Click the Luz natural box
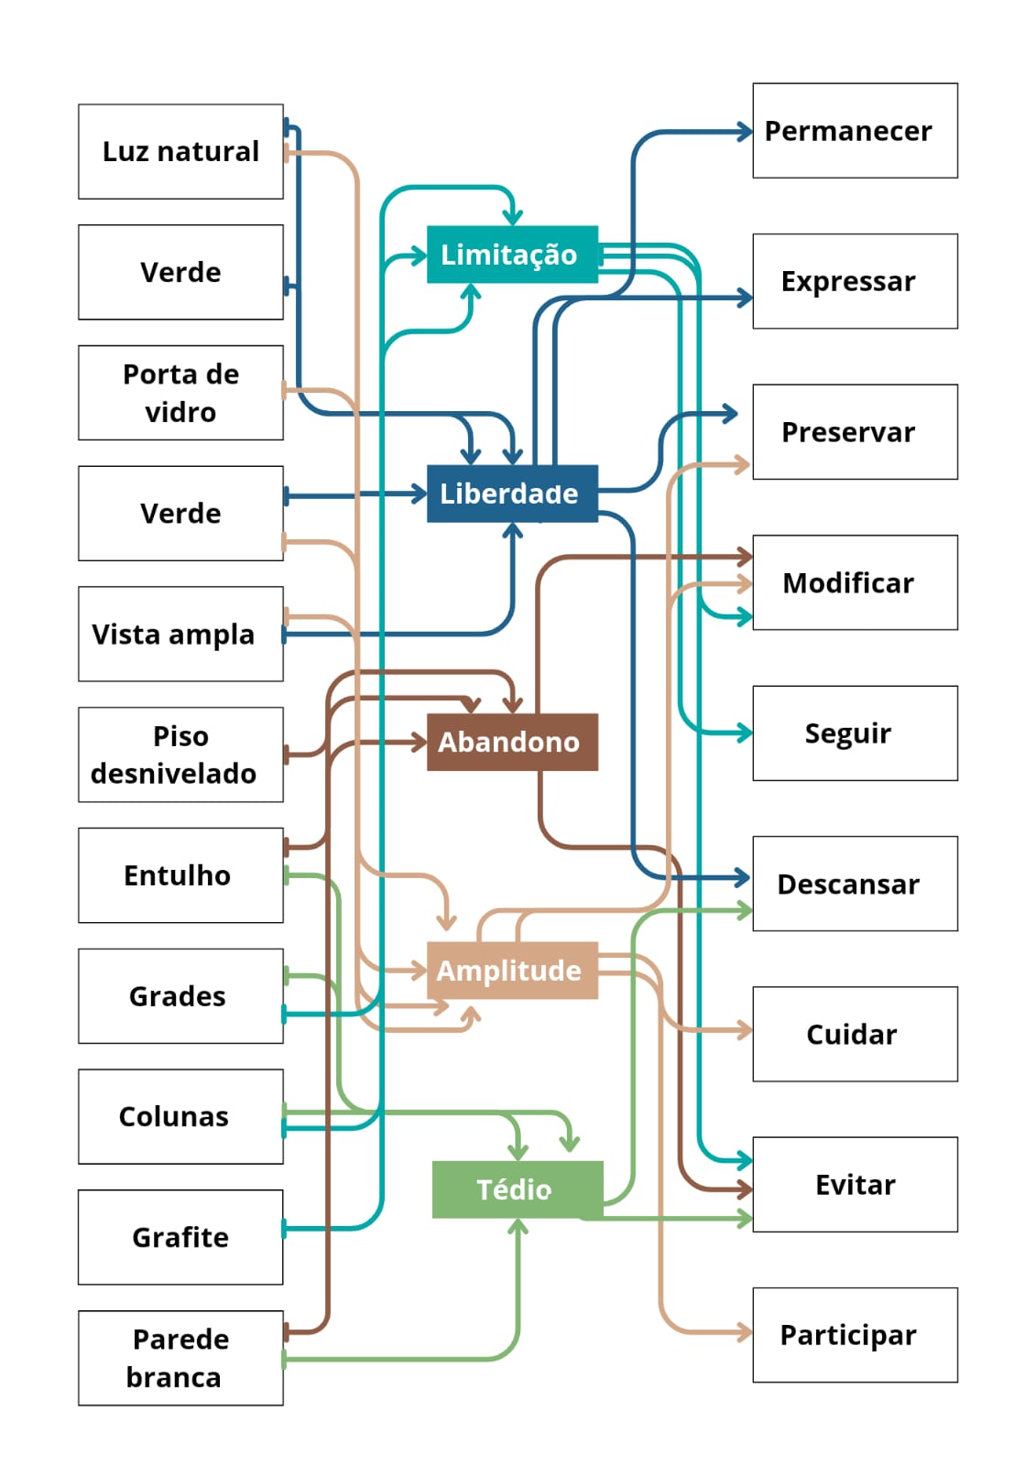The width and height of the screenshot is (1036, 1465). click(180, 151)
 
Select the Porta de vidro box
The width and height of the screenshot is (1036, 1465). click(180, 393)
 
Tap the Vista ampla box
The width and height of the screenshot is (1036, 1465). click(180, 634)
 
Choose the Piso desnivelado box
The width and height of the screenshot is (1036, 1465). click(180, 754)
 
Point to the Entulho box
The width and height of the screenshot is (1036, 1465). click(180, 875)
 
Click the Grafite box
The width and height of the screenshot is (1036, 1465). click(180, 1237)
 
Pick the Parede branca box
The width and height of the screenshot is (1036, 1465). click(180, 1358)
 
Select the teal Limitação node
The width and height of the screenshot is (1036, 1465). click(512, 254)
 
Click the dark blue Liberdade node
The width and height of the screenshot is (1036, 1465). click(512, 494)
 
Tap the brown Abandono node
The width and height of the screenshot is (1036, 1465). click(512, 742)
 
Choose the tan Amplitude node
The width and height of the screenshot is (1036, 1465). click(512, 971)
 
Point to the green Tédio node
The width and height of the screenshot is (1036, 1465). click(518, 1189)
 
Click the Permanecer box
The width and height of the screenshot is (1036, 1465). click(855, 131)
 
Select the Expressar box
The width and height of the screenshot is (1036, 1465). click(855, 281)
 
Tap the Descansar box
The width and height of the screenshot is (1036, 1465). click(855, 884)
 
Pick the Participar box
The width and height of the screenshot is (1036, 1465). click(855, 1335)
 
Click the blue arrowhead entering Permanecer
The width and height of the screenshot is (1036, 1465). click(746, 132)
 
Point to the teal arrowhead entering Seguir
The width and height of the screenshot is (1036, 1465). click(746, 732)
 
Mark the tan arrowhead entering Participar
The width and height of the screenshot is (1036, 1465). click(746, 1332)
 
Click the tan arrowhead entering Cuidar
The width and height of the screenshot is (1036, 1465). click(746, 1031)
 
